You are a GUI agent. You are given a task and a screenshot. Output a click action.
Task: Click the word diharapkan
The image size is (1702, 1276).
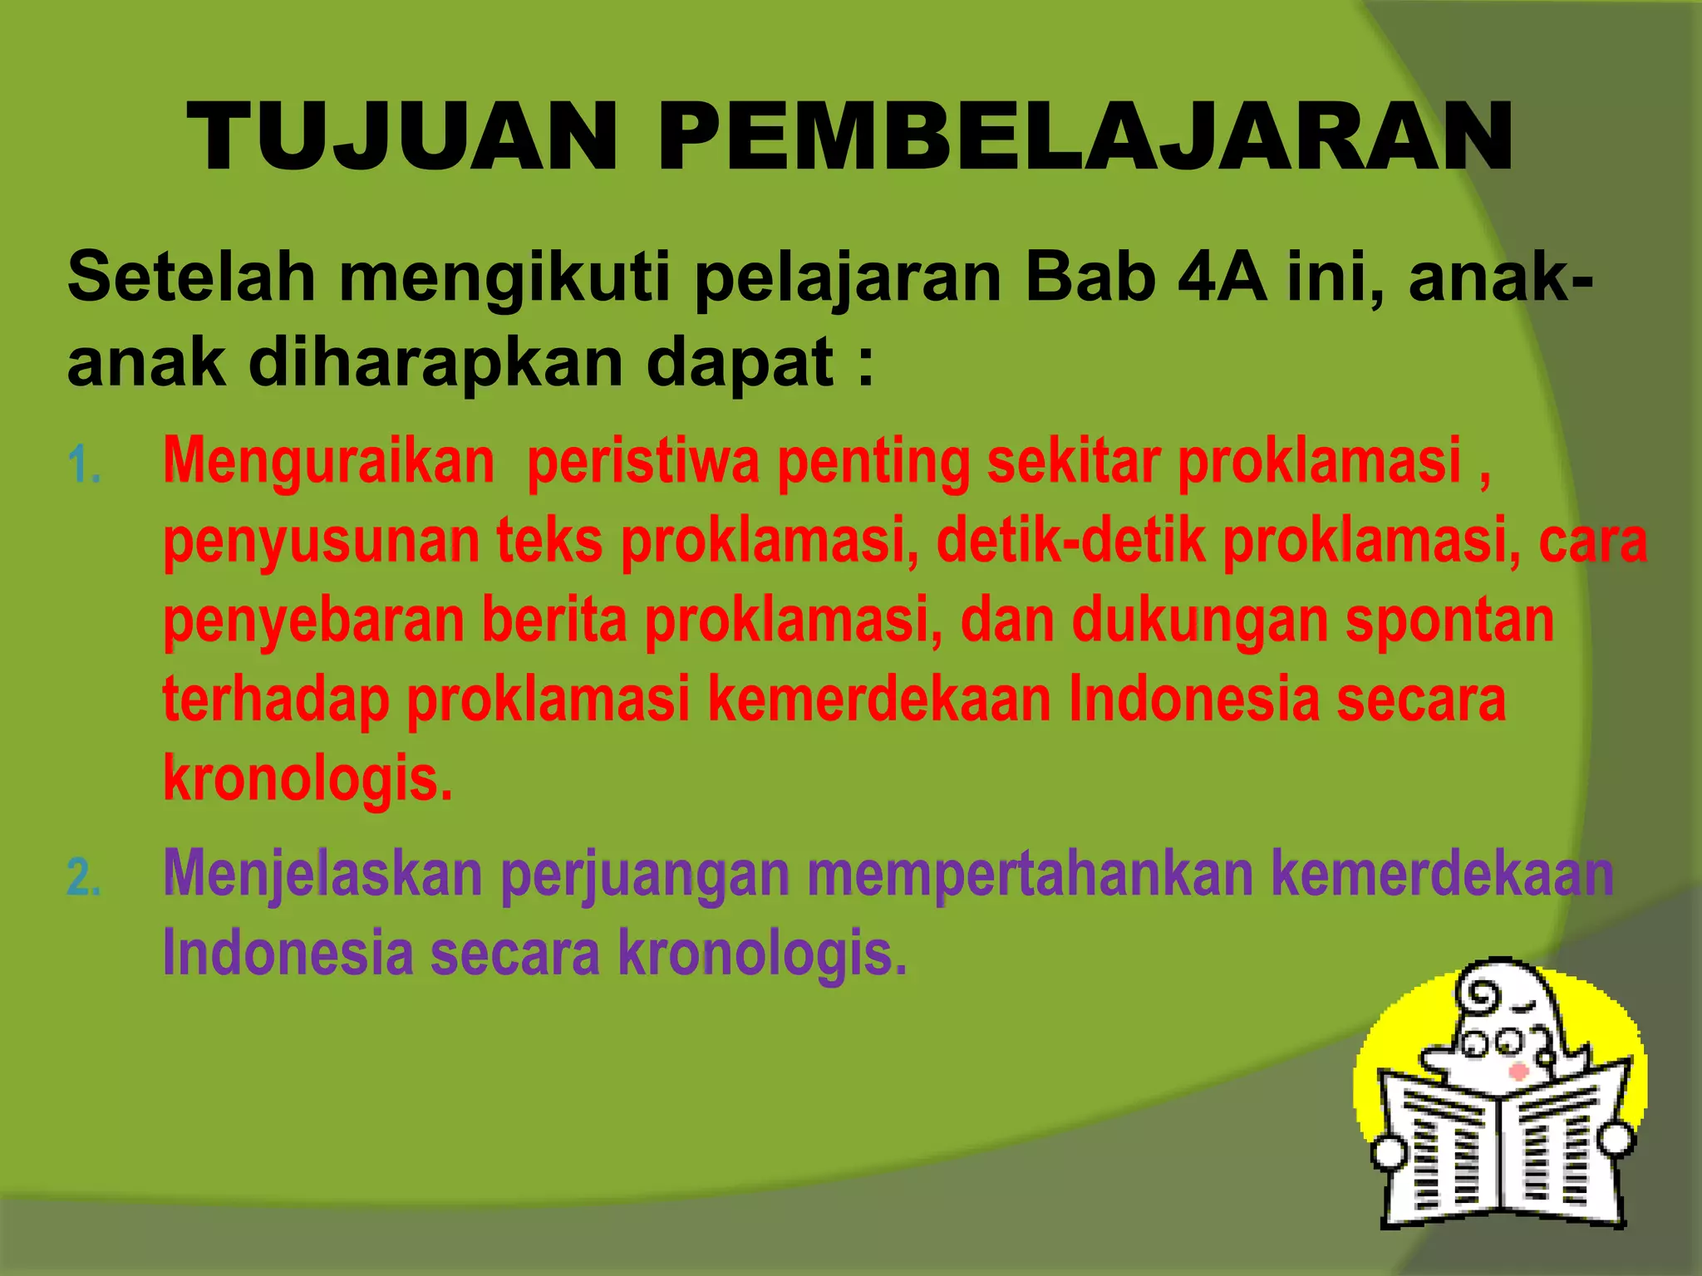tap(435, 363)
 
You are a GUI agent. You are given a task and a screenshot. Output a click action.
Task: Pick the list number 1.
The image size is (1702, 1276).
tap(83, 464)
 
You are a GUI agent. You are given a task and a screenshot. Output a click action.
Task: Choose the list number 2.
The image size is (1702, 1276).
tap(83, 878)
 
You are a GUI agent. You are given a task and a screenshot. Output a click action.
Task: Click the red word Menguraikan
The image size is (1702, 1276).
tap(329, 460)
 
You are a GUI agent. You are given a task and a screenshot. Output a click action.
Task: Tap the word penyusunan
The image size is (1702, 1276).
tap(322, 542)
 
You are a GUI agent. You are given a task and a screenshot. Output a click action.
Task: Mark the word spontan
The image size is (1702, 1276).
tap(1449, 621)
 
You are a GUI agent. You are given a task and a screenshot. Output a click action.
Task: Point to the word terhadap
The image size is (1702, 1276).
tap(275, 700)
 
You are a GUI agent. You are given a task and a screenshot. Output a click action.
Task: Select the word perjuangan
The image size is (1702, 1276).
tap(646, 876)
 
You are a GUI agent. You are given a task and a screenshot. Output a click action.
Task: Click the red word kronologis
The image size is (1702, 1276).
tap(308, 779)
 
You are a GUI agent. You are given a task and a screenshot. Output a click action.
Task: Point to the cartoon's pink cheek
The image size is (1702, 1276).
tap(1518, 1072)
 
